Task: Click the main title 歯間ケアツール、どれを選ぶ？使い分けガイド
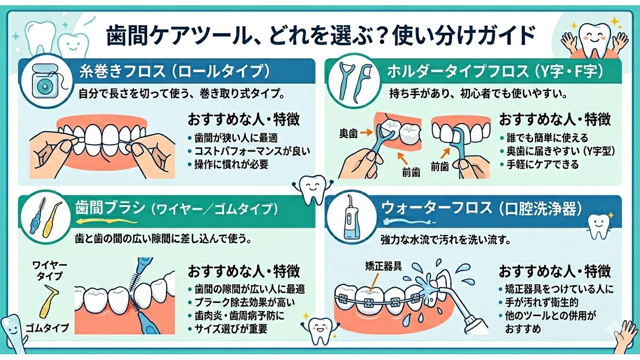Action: (x=320, y=36)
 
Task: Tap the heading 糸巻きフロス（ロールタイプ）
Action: (x=174, y=72)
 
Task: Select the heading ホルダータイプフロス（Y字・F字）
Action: (x=495, y=72)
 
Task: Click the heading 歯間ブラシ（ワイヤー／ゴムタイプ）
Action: (x=176, y=209)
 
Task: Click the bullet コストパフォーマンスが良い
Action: (x=252, y=151)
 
